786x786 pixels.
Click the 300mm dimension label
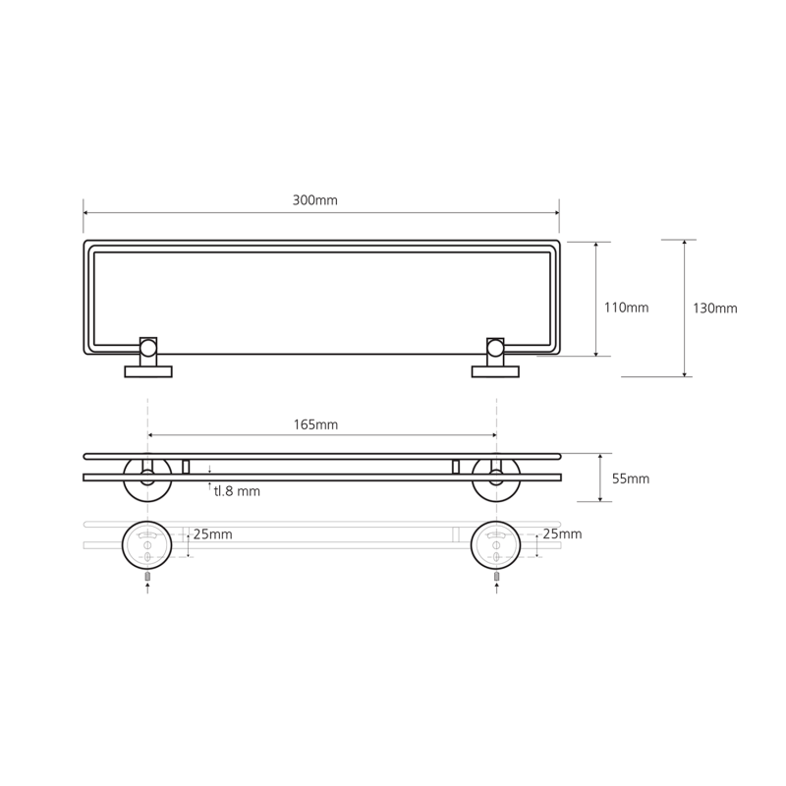click(314, 200)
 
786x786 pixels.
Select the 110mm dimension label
click(626, 308)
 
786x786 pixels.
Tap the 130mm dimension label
click(715, 309)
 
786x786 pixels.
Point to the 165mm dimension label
click(315, 425)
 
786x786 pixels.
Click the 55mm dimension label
click(631, 478)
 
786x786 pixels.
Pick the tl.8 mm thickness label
click(237, 491)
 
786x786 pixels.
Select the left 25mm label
click(212, 534)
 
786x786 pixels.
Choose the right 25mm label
click(562, 533)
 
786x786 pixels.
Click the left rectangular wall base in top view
click(148, 371)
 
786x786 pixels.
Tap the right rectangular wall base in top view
click(495, 371)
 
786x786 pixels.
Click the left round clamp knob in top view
click(148, 348)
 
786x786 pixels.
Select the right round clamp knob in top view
click(495, 348)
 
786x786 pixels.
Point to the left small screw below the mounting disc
click(147, 577)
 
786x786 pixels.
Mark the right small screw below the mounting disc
click(497, 577)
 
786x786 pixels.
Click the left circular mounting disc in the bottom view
click(146, 545)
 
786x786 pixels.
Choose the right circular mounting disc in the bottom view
click(496, 545)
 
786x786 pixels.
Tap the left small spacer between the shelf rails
click(186, 467)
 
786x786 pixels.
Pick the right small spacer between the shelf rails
click(456, 467)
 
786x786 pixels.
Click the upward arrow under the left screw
click(147, 589)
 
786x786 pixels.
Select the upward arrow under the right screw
click(497, 589)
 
